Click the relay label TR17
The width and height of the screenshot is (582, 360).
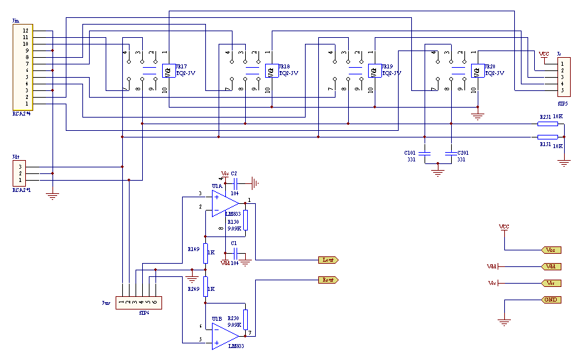[181, 66]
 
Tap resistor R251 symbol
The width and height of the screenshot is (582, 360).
[547, 124]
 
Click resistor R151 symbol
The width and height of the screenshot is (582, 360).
[547, 137]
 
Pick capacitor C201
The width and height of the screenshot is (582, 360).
[451, 153]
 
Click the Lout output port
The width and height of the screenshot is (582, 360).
[330, 259]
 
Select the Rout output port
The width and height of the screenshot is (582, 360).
[330, 280]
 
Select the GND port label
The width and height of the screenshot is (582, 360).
[551, 300]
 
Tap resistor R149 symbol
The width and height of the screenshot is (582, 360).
[205, 252]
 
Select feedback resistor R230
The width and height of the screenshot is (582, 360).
[245, 319]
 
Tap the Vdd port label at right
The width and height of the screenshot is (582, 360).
[551, 266]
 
